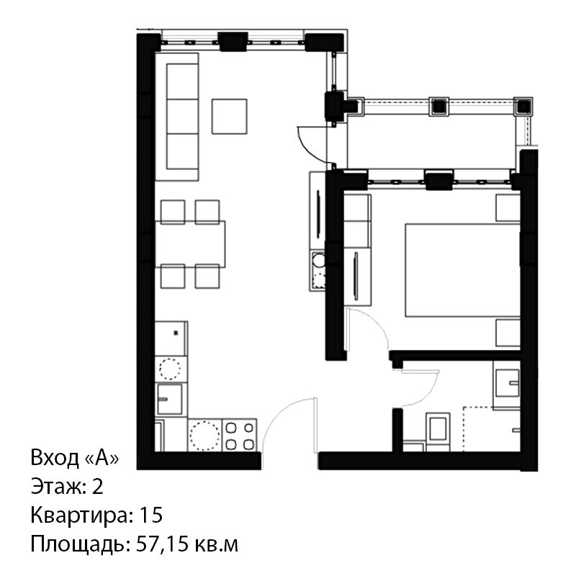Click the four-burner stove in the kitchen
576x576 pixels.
click(240, 435)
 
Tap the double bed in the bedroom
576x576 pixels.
click(463, 270)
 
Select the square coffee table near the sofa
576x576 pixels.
click(229, 117)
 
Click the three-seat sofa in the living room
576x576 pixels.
click(177, 117)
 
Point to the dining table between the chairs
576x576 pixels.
click(190, 244)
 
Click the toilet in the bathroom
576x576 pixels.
click(438, 431)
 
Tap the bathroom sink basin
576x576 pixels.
click(507, 383)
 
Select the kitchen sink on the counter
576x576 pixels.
click(170, 400)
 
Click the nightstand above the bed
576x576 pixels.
click(508, 208)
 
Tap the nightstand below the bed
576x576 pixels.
click(508, 333)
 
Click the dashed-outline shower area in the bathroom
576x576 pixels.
click(492, 429)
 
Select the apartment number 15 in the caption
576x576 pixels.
click(151, 515)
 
